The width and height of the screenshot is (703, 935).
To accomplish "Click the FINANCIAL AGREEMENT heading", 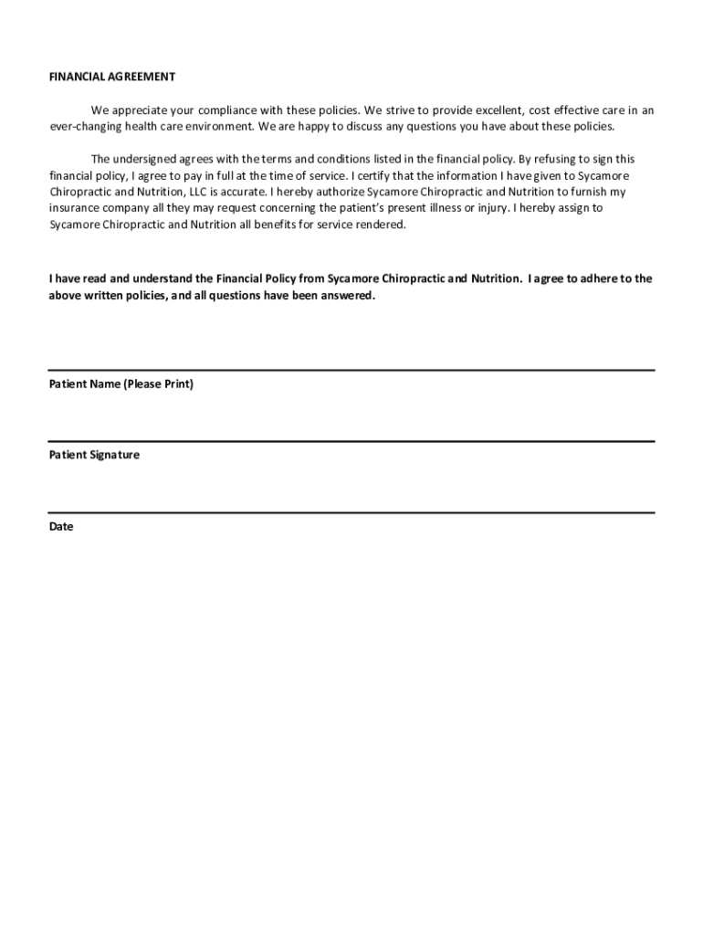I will click(111, 77).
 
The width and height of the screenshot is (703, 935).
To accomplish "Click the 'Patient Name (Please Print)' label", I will click(121, 384).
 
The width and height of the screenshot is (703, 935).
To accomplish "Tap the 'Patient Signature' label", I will click(94, 455).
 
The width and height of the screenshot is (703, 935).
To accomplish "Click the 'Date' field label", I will click(60, 527).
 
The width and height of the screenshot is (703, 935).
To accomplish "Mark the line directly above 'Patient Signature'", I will click(351, 441).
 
